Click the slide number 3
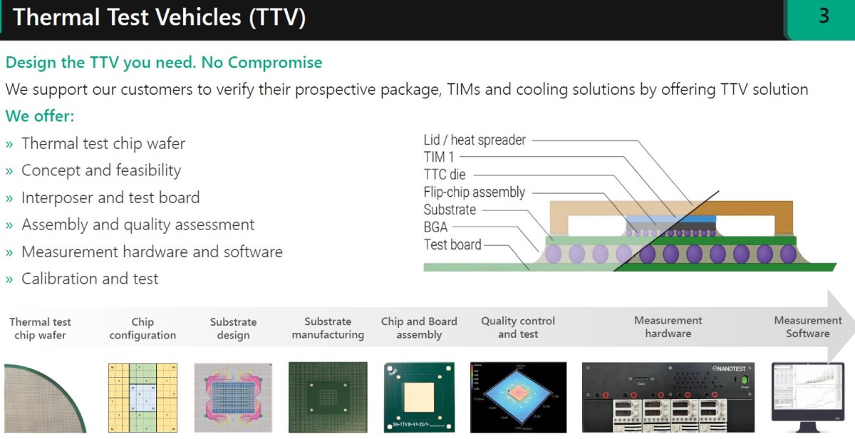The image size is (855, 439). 824,16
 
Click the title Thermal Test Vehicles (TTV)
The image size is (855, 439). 159,17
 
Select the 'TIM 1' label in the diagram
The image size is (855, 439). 439,157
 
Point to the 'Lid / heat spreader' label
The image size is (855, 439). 475,140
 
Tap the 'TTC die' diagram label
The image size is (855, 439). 445,175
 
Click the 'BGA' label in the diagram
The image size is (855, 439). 435,227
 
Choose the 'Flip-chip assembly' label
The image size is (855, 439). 474,192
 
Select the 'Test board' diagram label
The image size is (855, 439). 452,244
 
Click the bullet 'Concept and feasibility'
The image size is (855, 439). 101,170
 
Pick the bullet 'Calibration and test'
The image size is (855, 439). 90,279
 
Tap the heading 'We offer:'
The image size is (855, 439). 40,115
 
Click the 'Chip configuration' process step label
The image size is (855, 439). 142,329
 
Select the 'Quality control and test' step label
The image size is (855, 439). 518,328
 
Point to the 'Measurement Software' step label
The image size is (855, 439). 808,327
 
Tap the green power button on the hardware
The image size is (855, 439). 745,381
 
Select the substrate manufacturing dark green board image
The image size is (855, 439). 328,397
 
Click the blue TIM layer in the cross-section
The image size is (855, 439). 670,217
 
